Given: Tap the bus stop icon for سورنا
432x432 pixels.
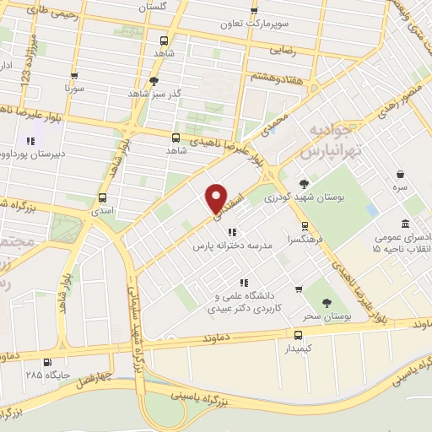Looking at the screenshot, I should click(x=75, y=73).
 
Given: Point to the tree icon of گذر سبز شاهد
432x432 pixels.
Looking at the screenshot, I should click(x=154, y=81).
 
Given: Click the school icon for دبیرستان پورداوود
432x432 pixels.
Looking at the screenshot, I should click(x=31, y=141).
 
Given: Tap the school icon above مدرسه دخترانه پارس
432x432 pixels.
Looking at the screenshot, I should click(x=232, y=232).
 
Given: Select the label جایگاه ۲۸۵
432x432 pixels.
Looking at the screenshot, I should click(x=46, y=374).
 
